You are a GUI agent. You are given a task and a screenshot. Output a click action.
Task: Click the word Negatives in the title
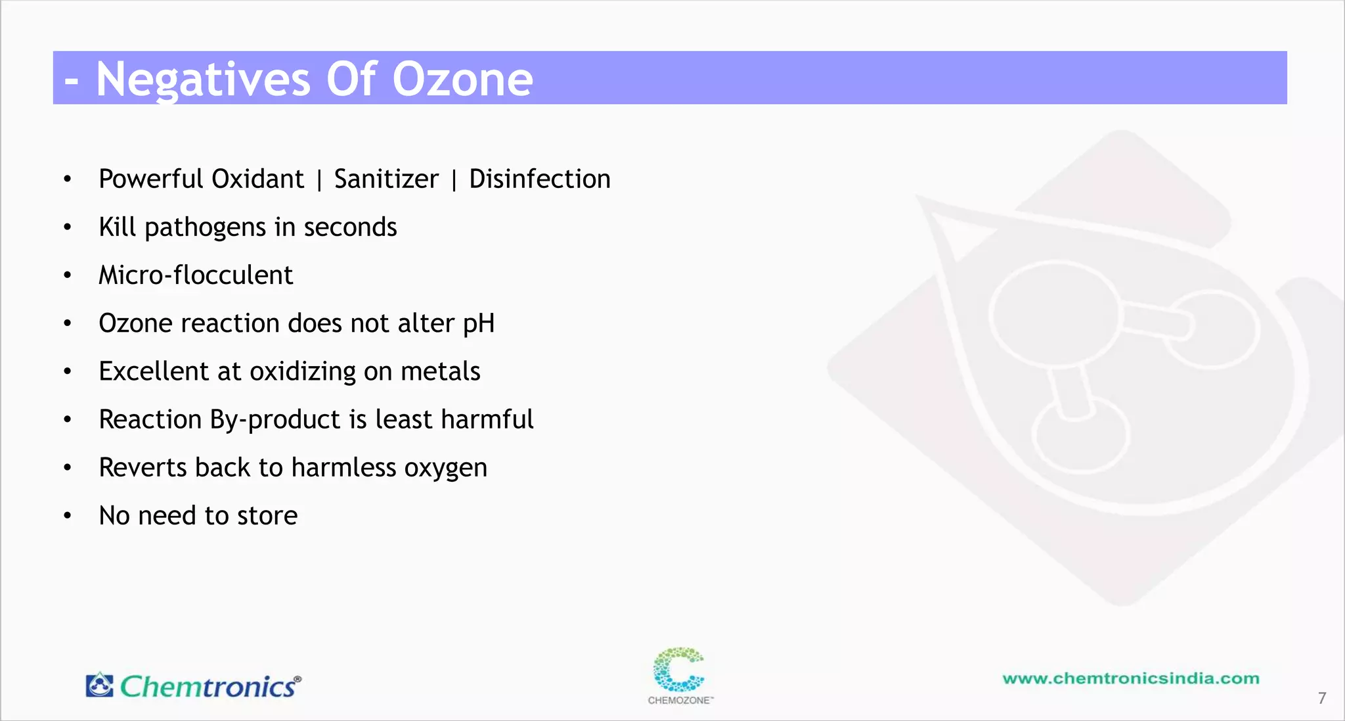click(202, 80)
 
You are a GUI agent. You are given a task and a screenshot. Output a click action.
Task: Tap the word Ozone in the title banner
click(462, 80)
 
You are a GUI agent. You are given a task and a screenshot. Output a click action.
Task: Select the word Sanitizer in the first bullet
click(386, 179)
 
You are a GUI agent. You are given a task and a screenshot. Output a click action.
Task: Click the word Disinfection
click(539, 179)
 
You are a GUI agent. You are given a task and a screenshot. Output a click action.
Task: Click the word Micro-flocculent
click(196, 275)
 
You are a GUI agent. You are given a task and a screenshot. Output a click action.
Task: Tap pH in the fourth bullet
click(478, 323)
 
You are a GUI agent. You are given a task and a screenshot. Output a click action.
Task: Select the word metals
click(440, 371)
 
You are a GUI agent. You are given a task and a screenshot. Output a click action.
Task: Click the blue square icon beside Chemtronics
click(100, 685)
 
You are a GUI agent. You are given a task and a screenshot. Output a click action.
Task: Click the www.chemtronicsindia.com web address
click(1131, 678)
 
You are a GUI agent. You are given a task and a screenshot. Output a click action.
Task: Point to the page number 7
click(1322, 698)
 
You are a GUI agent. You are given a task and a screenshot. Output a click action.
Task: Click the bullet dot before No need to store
click(68, 516)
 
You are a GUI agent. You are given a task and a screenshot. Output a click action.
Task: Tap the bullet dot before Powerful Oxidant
click(68, 179)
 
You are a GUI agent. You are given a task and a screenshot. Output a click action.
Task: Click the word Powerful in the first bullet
click(151, 179)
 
